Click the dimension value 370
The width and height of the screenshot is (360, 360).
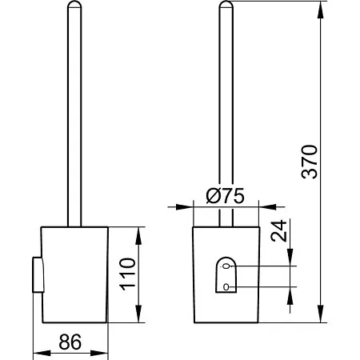click(310, 162)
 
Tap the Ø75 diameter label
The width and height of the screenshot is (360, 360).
click(225, 196)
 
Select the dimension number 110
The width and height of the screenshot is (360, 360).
click(127, 274)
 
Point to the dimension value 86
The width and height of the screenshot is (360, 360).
click(70, 342)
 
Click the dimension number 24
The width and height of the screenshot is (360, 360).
click(278, 231)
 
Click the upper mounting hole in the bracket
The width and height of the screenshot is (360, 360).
click(226, 266)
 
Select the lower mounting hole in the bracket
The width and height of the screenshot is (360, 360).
click(226, 287)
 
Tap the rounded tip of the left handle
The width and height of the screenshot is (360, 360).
click(74, 4)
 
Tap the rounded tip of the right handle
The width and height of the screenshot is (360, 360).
click(226, 4)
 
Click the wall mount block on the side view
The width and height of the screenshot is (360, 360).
click(38, 274)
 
